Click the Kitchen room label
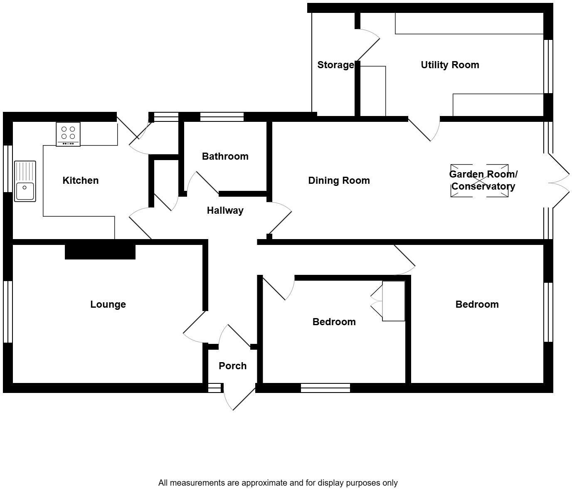tap(80, 180)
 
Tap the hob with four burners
tap(68, 133)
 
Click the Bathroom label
tap(225, 156)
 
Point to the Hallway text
tap(225, 210)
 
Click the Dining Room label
tap(339, 180)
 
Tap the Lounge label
tap(108, 304)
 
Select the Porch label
tap(232, 366)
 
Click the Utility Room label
tap(450, 65)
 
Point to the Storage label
tap(335, 65)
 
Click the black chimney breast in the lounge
tap(100, 252)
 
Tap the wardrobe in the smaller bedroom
tap(393, 301)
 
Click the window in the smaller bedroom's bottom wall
tap(325, 388)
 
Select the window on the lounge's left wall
tap(8, 311)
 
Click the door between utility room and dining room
tap(424, 129)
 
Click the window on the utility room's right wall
tap(548, 67)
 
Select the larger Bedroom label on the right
tap(477, 304)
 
